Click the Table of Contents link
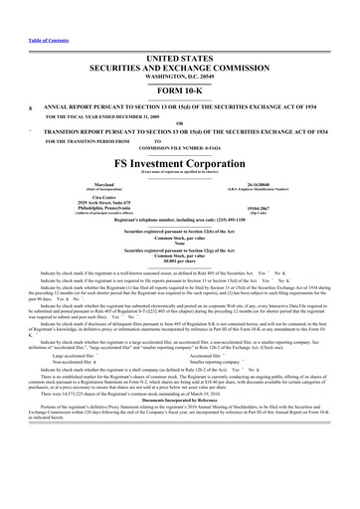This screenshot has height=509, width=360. point(29,12)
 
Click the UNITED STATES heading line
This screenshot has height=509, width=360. point(180,32)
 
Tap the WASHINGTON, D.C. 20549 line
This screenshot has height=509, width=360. point(180,49)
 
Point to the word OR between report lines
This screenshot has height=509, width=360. point(180,95)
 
